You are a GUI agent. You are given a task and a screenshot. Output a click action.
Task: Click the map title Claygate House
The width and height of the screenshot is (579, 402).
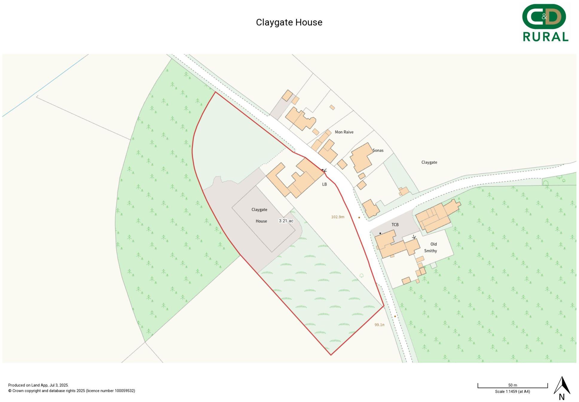point(289,22)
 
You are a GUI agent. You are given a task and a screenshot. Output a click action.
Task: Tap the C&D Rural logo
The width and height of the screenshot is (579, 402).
point(545,23)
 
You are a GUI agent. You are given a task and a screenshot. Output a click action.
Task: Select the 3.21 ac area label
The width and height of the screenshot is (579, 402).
point(286,221)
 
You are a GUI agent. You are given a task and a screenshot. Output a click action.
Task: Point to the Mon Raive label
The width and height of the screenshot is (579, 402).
point(344,132)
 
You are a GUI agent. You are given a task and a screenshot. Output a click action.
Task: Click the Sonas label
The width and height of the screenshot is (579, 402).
point(378,150)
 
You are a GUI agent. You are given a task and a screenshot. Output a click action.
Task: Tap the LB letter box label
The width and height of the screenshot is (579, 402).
point(324,184)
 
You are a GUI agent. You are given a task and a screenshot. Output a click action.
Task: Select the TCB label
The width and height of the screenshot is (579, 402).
point(395,224)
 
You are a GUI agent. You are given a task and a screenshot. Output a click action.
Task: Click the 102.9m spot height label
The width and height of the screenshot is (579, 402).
point(337,217)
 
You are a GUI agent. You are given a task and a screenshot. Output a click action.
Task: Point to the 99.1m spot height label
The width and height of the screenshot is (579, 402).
point(379,325)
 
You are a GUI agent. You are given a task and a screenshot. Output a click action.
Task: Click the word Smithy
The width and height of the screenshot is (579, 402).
point(430,251)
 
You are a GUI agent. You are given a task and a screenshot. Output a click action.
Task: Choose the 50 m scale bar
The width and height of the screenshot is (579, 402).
point(512,386)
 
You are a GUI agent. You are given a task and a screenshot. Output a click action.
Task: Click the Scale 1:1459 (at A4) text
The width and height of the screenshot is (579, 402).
point(512,392)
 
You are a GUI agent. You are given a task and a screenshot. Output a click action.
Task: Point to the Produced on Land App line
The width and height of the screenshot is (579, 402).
point(38,385)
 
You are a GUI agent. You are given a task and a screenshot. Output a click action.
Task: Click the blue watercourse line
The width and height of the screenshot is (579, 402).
point(45,85)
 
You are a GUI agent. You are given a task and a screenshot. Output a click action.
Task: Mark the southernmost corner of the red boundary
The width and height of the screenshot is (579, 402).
point(331,355)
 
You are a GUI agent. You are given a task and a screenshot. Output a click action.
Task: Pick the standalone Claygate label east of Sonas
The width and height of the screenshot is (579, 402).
point(429,162)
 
